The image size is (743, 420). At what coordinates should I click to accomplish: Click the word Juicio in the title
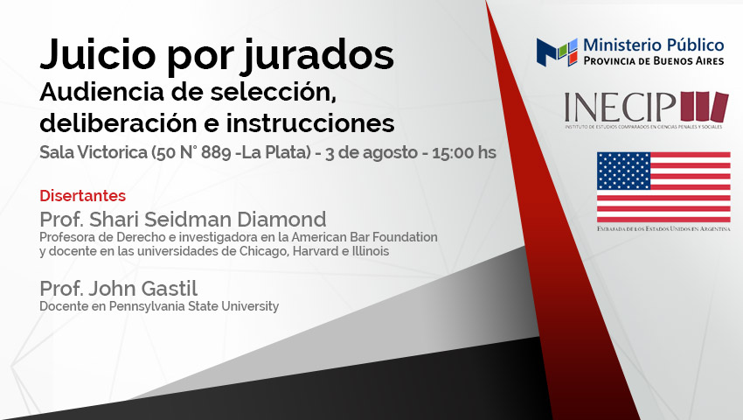pyautogui.click(x=98, y=54)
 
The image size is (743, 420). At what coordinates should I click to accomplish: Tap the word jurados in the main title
pyautogui.click(x=318, y=55)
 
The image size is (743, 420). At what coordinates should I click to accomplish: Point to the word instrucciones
pyautogui.click(x=310, y=122)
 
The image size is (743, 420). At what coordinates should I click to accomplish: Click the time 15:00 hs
pyautogui.click(x=464, y=152)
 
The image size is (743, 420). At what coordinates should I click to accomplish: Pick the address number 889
pyautogui.click(x=216, y=152)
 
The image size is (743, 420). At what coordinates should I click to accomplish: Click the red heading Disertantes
pyautogui.click(x=82, y=195)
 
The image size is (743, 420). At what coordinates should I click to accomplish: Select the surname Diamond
pyautogui.click(x=281, y=220)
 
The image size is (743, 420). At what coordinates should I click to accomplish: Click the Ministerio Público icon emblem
pyautogui.click(x=557, y=52)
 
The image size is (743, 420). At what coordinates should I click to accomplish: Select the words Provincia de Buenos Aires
pyautogui.click(x=654, y=60)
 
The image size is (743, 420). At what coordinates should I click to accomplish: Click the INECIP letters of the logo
pyautogui.click(x=620, y=107)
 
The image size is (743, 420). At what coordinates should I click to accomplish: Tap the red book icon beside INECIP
pyautogui.click(x=705, y=106)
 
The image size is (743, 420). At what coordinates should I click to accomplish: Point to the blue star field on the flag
pyautogui.click(x=623, y=171)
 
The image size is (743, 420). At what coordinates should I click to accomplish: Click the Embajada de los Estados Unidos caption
pyautogui.click(x=663, y=228)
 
